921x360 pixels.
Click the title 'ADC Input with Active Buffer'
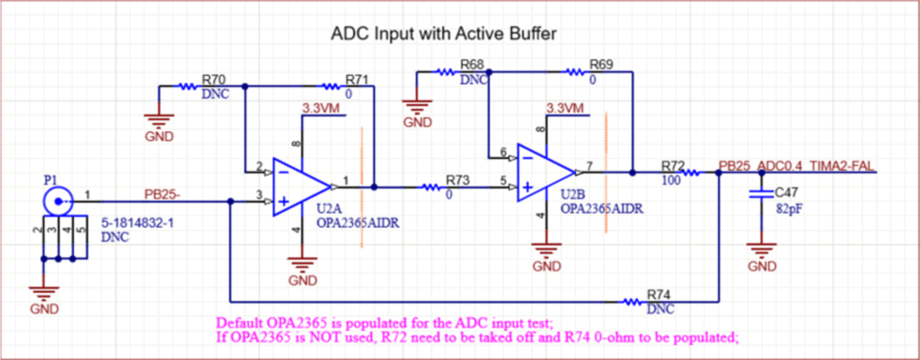tap(443, 34)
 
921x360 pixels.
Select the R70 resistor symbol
tap(187, 87)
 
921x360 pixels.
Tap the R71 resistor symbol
tap(331, 87)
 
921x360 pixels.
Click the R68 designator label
tap(472, 64)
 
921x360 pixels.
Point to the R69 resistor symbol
tap(575, 72)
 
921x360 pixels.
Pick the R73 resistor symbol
tap(431, 188)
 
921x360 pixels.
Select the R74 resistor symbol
tap(632, 302)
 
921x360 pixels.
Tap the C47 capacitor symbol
tap(761, 193)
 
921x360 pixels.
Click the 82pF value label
tap(789, 209)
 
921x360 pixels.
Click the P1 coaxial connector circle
tap(58, 201)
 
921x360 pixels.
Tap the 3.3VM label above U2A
tap(321, 108)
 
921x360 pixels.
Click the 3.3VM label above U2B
tap(565, 108)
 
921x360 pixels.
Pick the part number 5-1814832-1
tap(137, 223)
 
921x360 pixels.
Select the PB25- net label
tap(162, 195)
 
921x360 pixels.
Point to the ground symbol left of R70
tap(159, 121)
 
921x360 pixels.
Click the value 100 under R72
tap(671, 180)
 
